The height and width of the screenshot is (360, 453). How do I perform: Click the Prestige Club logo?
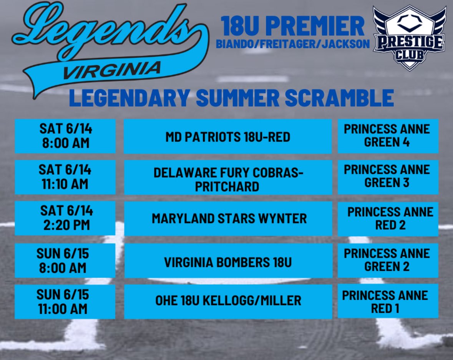(x=409, y=37)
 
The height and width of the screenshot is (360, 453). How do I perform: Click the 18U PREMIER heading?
(x=293, y=26)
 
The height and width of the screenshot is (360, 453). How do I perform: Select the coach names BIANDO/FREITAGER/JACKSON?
(x=293, y=44)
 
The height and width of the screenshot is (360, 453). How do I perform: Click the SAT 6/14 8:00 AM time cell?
(x=65, y=136)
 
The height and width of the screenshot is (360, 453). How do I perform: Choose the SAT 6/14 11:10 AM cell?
(x=65, y=177)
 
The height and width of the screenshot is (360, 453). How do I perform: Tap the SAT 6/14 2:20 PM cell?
(x=65, y=218)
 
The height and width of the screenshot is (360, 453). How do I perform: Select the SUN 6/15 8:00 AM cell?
(x=65, y=260)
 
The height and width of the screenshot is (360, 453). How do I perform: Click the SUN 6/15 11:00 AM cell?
(x=65, y=302)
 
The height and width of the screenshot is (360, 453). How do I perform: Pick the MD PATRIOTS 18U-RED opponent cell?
(x=228, y=137)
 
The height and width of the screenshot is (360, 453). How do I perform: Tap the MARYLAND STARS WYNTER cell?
(x=228, y=218)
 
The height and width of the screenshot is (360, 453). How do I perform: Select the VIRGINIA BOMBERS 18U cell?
(x=228, y=262)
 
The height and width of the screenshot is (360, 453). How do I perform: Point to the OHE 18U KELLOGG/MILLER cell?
(x=228, y=301)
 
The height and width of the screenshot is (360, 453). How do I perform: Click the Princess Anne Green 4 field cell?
(x=387, y=136)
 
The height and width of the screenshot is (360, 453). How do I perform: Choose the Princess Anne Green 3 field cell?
(x=387, y=177)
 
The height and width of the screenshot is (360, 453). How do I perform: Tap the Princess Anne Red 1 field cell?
(x=387, y=302)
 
